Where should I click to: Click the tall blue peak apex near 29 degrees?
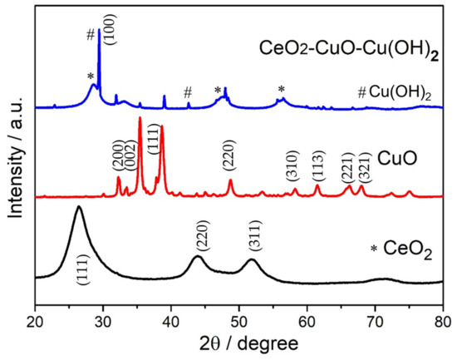[x=100, y=30]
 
